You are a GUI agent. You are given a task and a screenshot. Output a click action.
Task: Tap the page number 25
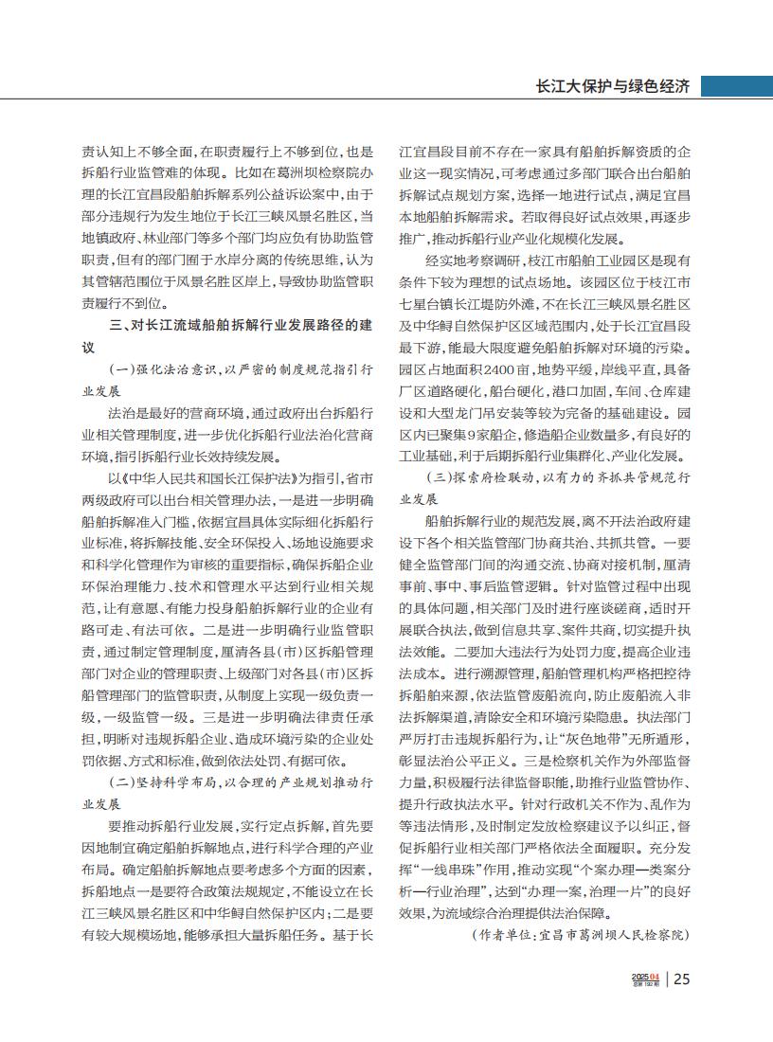[x=681, y=979]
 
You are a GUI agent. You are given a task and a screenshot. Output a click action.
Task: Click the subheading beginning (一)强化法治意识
[x=242, y=368]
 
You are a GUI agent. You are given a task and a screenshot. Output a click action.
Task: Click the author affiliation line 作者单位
[x=579, y=935]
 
